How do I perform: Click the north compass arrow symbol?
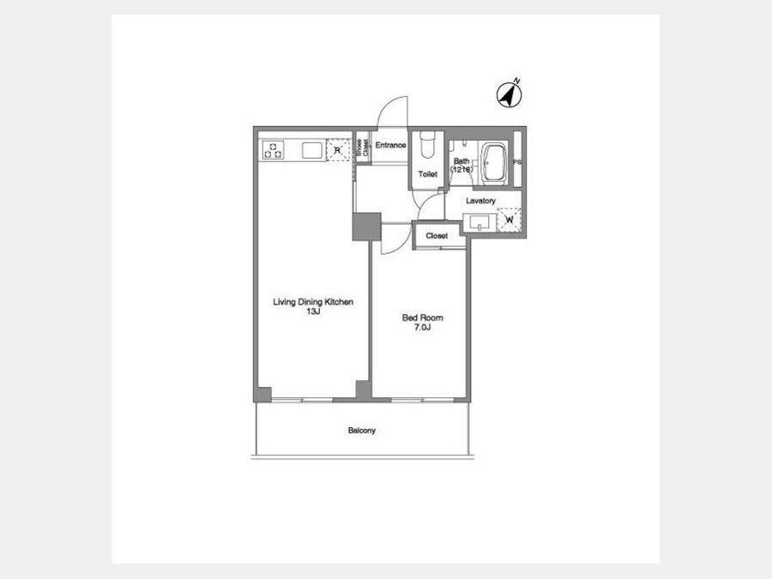click(509, 94)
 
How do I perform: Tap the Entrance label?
click(390, 145)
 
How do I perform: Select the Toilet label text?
click(427, 174)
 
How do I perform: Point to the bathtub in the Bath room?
click(493, 163)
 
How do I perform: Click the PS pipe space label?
click(517, 162)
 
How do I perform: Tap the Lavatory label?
click(480, 201)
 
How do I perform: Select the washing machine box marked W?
click(509, 220)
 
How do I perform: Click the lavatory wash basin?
click(479, 222)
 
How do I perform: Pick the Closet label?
click(437, 236)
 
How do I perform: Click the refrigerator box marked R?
click(338, 149)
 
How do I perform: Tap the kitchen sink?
click(311, 150)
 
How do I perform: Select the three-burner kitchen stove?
click(273, 149)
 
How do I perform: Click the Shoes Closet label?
click(362, 148)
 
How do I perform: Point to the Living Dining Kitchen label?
click(313, 302)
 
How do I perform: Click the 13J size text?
click(313, 311)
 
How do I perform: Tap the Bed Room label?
click(422, 317)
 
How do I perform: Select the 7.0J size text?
click(422, 328)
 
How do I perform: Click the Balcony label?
click(362, 431)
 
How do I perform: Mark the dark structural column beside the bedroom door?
click(367, 226)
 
